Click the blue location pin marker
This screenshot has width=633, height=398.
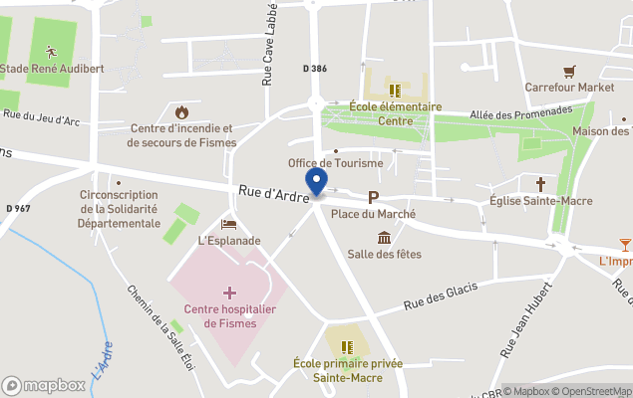[317, 183]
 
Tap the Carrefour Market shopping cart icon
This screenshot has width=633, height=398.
[569, 71]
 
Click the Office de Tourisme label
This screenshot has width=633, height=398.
[335, 163]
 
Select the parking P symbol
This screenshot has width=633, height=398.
[374, 197]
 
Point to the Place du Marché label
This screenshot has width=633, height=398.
[373, 214]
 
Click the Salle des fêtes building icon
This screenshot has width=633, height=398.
[384, 237]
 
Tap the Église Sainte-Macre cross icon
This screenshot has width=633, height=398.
[541, 184]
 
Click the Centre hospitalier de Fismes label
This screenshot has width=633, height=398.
[230, 316]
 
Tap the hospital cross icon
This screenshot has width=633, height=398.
[230, 293]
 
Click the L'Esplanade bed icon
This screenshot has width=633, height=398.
[228, 224]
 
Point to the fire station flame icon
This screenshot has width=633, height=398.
[181, 112]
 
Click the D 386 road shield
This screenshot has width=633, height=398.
[314, 68]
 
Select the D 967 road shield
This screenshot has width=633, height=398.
[18, 208]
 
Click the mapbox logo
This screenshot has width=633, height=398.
[44, 385]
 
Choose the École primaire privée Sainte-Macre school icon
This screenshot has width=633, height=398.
[346, 346]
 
